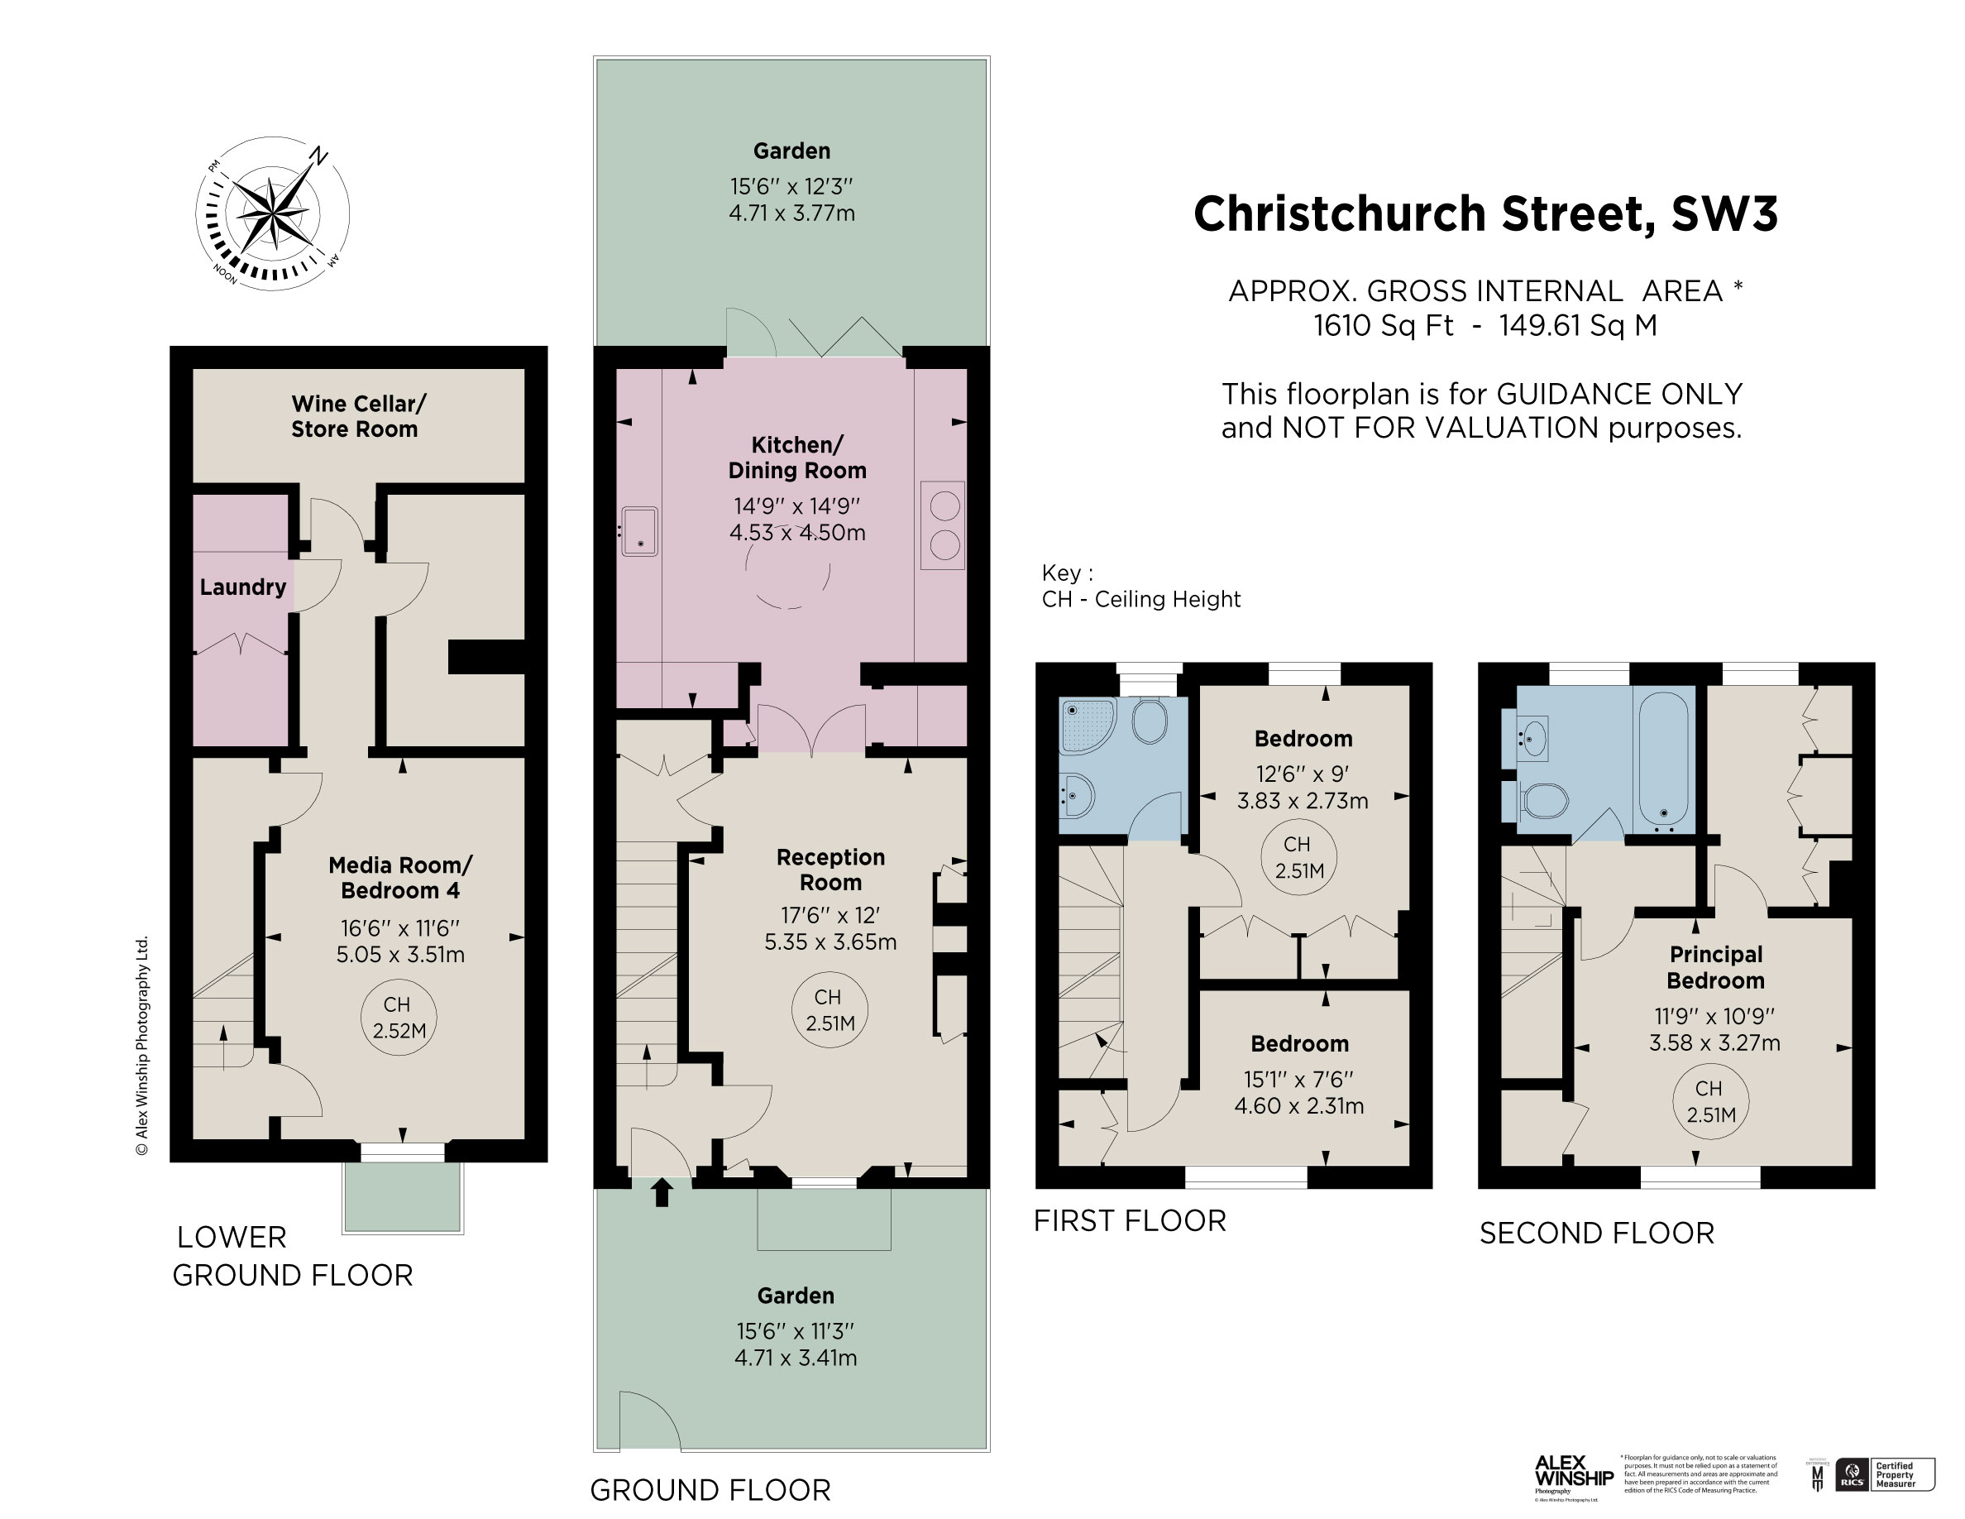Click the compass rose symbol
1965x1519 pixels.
point(272,214)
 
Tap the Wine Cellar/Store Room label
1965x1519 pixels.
point(356,417)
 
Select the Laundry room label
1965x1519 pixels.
point(242,587)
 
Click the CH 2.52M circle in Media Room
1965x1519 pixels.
point(398,1018)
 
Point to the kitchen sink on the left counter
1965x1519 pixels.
point(640,531)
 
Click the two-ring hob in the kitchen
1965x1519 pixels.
point(943,525)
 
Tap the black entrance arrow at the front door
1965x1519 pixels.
point(662,1192)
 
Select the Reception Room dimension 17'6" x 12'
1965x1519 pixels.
point(830,915)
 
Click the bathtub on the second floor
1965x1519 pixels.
point(1665,758)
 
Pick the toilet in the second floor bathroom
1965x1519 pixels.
point(1544,800)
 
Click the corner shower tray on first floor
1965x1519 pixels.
point(1087,726)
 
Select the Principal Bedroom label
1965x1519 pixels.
point(1716,967)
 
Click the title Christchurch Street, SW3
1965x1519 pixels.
point(1485,214)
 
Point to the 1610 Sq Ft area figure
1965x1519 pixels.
point(1383,325)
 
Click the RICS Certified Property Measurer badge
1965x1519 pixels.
point(1884,1473)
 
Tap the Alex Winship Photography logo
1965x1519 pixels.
point(1573,1474)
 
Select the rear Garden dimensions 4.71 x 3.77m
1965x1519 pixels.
point(791,213)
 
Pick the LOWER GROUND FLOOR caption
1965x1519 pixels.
point(293,1256)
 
